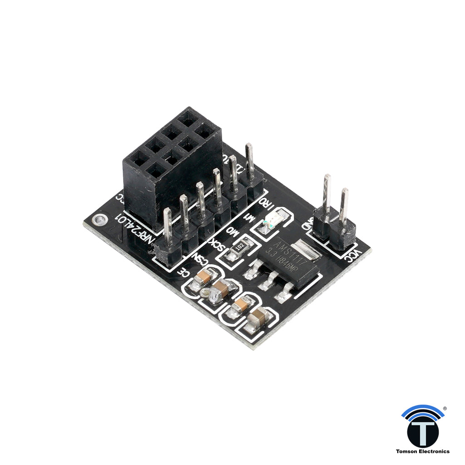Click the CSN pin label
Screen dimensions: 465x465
(200, 262)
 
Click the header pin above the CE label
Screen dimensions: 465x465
(168, 227)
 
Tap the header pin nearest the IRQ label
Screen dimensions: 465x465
(249, 161)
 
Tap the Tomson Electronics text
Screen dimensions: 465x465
(422, 451)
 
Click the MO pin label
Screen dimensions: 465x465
(232, 232)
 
